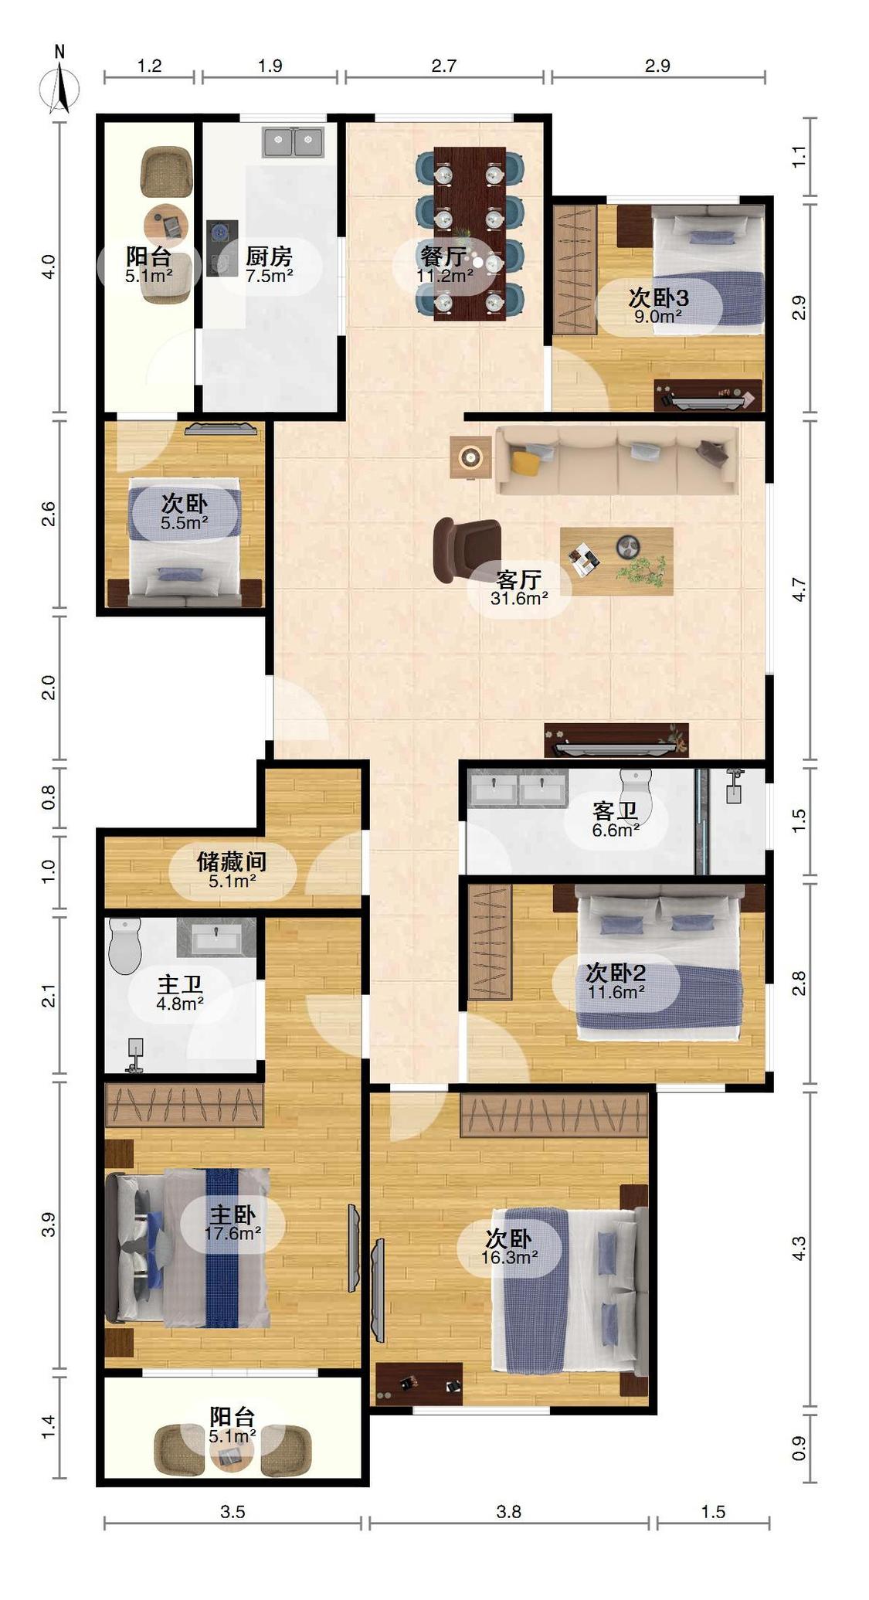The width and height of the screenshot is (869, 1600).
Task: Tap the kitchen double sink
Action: click(x=293, y=142)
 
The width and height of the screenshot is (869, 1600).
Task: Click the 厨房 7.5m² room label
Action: click(x=269, y=263)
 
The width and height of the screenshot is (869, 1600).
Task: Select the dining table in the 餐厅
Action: click(x=470, y=233)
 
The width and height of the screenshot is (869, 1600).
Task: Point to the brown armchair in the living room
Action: click(x=466, y=548)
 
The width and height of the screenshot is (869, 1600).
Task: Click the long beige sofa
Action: click(x=616, y=460)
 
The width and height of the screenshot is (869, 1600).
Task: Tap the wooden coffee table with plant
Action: click(x=616, y=560)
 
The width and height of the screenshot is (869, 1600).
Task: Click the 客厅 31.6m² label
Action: click(x=519, y=587)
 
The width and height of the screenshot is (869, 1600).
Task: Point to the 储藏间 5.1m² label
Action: click(x=232, y=869)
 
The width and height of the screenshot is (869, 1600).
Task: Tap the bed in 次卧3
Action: click(x=708, y=268)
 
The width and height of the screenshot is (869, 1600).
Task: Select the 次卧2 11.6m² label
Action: click(x=616, y=981)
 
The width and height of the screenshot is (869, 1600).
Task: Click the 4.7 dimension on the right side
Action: click(x=799, y=589)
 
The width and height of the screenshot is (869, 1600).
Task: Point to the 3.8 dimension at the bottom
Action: click(x=508, y=1512)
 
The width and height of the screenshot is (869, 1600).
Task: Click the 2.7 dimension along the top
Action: click(x=443, y=66)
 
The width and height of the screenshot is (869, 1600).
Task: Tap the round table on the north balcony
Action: click(x=166, y=225)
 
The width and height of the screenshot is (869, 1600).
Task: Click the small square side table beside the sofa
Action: click(x=470, y=457)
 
